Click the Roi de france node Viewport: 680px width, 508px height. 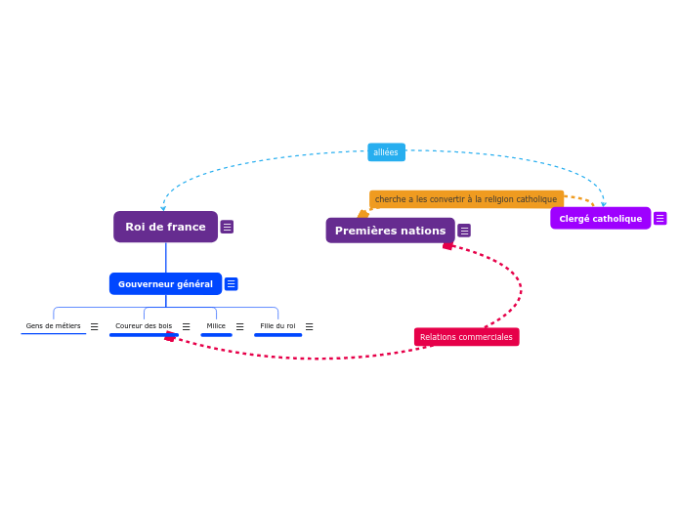165,227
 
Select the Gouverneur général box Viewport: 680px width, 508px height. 165,284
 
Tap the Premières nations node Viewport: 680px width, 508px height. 390,231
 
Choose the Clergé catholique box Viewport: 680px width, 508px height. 600,219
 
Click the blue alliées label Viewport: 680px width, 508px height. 386,152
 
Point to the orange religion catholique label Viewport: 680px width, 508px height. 466,199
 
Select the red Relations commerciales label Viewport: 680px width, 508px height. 466,337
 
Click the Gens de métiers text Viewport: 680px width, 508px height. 54,326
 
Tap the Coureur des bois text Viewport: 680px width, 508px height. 144,326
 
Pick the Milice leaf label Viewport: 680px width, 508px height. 216,326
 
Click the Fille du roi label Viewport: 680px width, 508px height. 277,326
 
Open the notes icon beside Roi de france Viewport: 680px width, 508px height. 227,227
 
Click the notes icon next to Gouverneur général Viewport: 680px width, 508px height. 231,284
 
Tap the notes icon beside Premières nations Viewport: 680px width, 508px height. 464,231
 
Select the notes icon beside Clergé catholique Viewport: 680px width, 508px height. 659,219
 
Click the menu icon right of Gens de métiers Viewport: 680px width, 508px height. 94,327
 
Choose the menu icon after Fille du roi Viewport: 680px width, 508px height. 309,327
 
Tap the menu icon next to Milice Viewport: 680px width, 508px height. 239,327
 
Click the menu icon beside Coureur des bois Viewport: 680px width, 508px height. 186,327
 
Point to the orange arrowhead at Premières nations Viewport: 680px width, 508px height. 362,214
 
